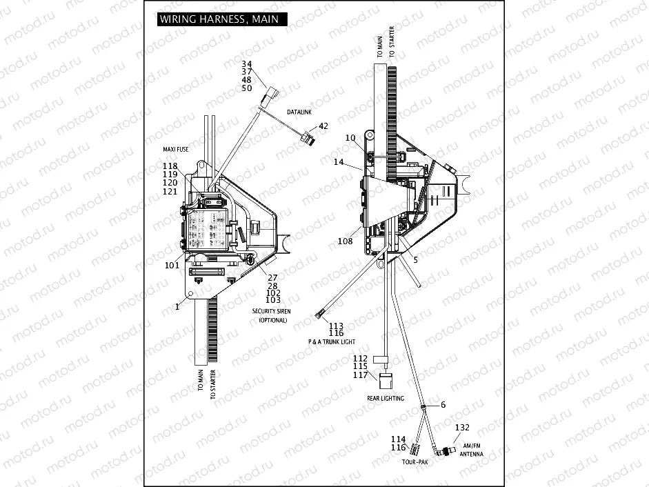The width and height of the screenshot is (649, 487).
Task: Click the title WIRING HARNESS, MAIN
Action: (219, 19)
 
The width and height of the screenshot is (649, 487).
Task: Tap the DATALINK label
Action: (301, 112)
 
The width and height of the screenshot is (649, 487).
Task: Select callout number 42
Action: (323, 127)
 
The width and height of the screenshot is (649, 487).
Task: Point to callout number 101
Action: (172, 264)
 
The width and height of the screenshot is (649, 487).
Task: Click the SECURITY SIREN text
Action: (271, 312)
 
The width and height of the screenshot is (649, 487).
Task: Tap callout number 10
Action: (350, 138)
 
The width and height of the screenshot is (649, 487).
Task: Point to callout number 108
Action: (345, 241)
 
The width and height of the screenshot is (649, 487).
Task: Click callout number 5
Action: (415, 259)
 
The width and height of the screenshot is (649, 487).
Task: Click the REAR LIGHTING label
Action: (386, 399)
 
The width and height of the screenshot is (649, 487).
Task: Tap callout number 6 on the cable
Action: (443, 404)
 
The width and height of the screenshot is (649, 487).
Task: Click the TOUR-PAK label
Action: (414, 462)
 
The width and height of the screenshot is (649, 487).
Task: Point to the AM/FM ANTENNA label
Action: (472, 450)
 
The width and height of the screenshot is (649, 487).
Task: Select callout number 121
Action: (170, 192)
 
